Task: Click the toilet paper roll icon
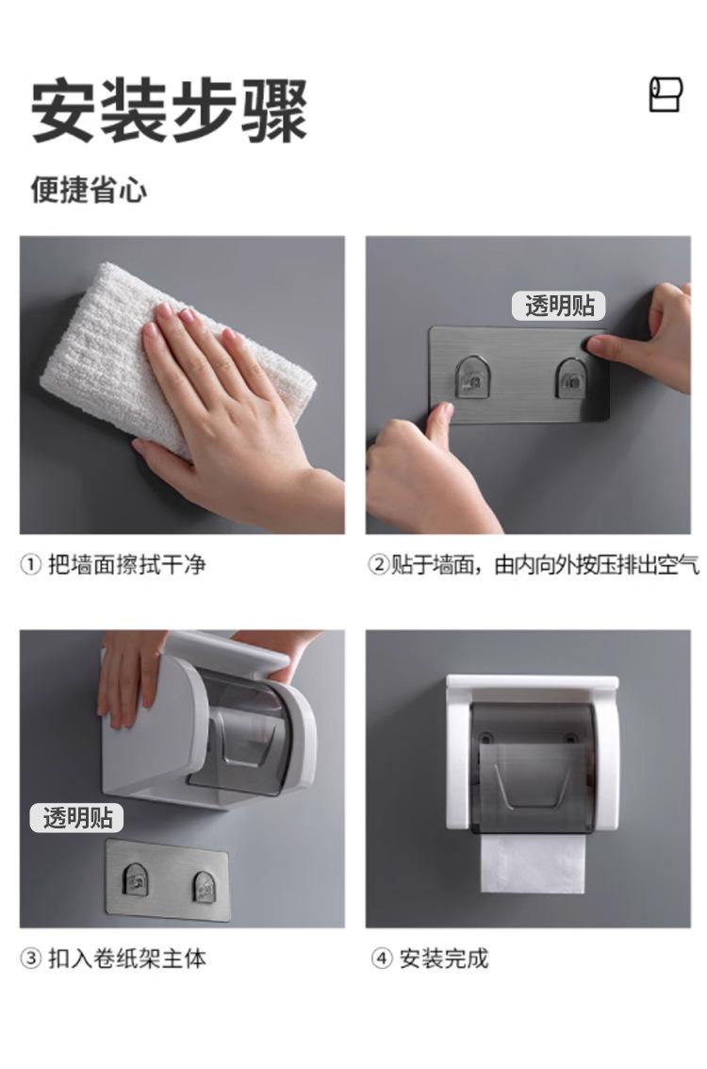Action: click(665, 94)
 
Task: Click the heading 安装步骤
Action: click(169, 110)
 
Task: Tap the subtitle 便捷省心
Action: click(89, 190)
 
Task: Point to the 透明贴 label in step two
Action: click(559, 306)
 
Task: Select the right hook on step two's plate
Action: click(572, 377)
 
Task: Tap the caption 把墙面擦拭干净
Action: click(126, 565)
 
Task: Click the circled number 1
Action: click(31, 565)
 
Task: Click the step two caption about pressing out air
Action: click(534, 565)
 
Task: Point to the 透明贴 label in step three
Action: click(77, 817)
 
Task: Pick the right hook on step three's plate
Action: click(206, 886)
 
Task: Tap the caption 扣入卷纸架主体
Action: click(126, 959)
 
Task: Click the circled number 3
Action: click(31, 959)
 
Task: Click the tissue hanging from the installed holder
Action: click(534, 864)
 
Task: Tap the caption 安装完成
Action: click(443, 959)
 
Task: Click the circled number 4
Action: click(382, 959)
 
